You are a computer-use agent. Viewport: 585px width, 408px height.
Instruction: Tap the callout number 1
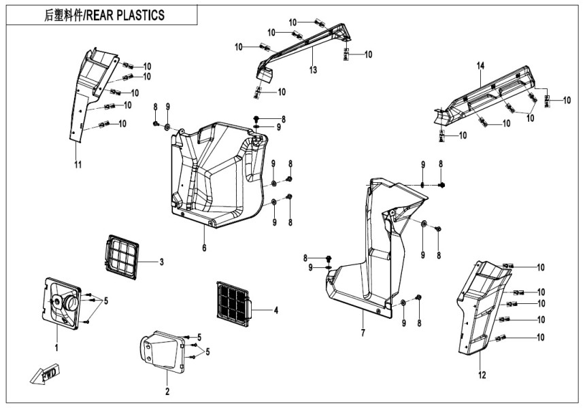point(57,347)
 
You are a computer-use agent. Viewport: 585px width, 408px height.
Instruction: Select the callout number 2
point(167,391)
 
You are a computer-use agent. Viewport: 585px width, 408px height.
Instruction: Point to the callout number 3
point(161,262)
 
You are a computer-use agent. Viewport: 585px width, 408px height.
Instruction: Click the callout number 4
point(275,310)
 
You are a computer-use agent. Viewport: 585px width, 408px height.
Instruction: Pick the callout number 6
point(203,248)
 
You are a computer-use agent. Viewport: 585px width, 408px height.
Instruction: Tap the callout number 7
point(363,333)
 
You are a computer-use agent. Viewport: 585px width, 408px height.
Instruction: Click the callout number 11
point(78,164)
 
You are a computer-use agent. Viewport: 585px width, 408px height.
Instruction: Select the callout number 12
point(483,375)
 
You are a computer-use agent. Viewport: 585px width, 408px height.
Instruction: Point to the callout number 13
point(313,70)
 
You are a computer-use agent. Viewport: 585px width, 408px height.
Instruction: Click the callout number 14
point(480,65)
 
